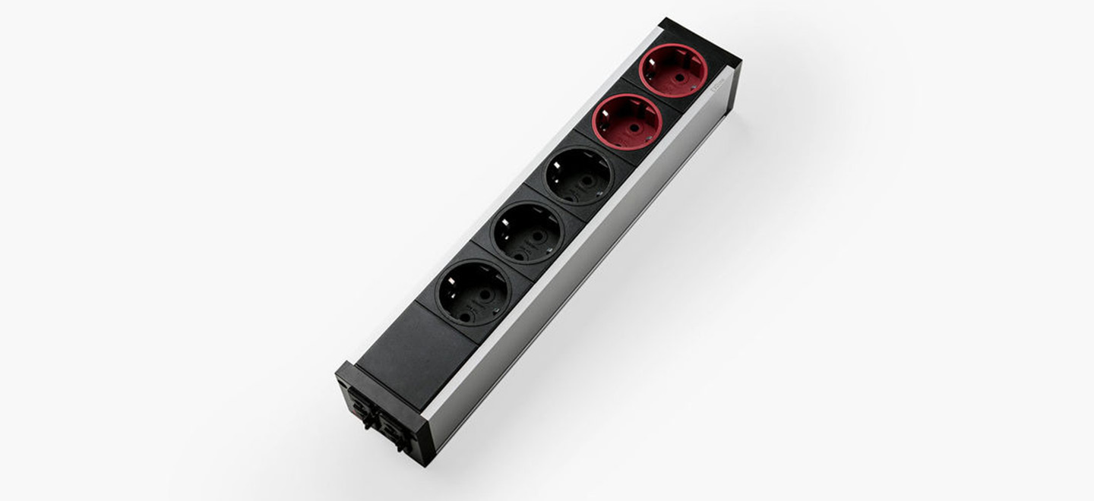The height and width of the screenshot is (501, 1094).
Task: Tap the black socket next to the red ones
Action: (579, 176)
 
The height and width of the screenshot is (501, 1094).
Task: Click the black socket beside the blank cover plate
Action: (473, 292)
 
